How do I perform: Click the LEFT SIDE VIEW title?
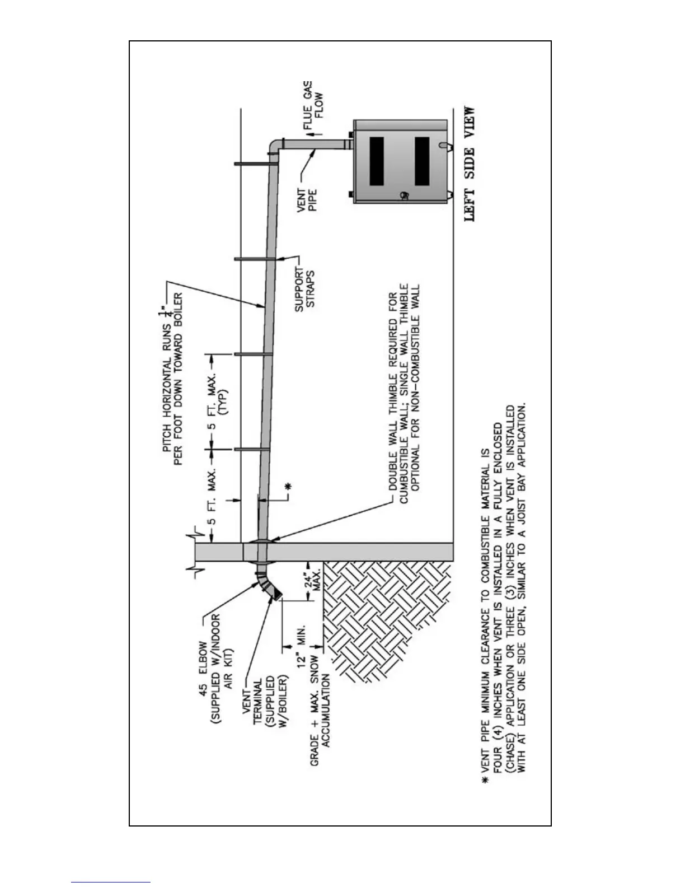(470, 164)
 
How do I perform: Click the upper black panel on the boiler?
(377, 161)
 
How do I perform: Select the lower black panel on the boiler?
(422, 161)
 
